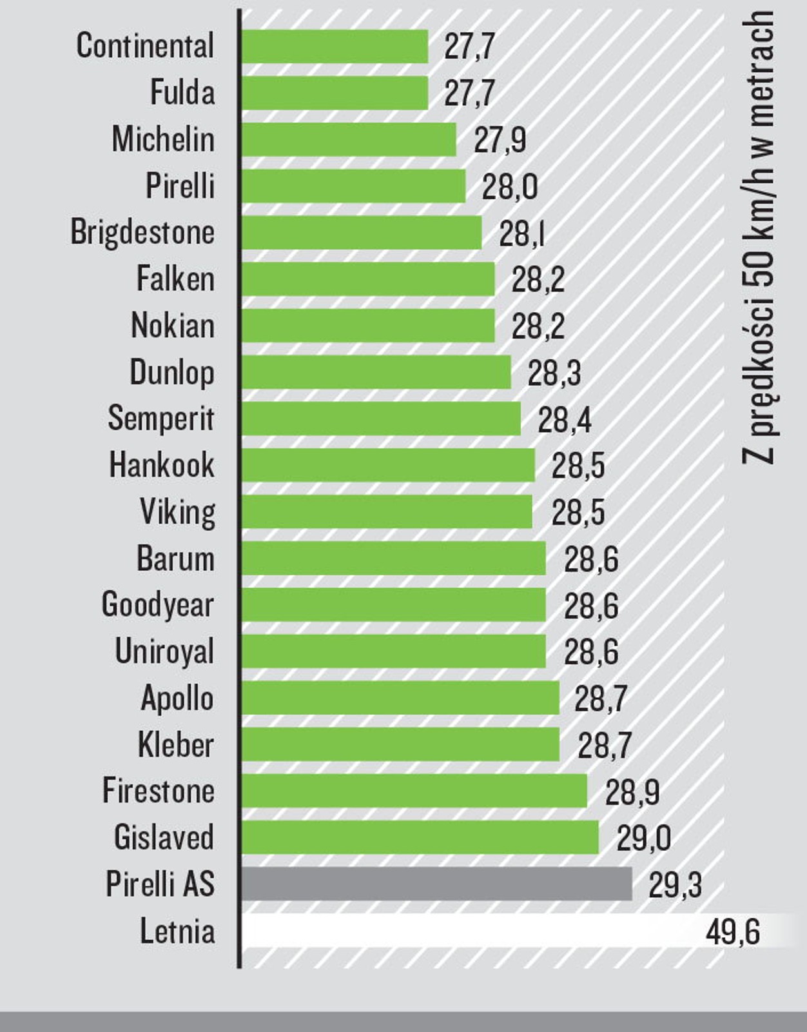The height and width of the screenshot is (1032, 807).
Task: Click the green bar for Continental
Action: [335, 46]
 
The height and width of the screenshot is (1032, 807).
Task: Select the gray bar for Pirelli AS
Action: [437, 884]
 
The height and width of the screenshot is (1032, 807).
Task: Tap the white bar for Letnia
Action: [471, 930]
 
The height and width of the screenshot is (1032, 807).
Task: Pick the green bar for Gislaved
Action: [420, 837]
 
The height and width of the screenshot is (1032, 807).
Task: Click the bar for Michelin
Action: [349, 139]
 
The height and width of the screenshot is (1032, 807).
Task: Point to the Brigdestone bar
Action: [362, 232]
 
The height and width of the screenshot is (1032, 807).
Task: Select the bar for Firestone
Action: [414, 791]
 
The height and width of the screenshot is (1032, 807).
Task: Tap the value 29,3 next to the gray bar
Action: [675, 885]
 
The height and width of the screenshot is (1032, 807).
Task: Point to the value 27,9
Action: [500, 140]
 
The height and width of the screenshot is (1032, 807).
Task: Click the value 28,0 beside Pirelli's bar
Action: [509, 187]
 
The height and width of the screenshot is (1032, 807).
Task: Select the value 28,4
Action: [564, 420]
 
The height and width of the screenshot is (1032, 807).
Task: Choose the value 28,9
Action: [632, 791]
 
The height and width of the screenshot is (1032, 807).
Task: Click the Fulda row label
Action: [182, 92]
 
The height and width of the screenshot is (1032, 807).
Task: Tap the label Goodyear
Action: [158, 604]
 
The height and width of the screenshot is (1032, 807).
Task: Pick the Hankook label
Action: [162, 464]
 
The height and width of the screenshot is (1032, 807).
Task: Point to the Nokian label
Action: [173, 325]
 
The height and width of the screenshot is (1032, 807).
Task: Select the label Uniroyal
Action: [164, 651]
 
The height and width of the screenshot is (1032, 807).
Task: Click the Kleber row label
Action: [175, 745]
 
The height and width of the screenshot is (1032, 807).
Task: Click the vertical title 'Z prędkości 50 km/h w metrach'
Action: [758, 239]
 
